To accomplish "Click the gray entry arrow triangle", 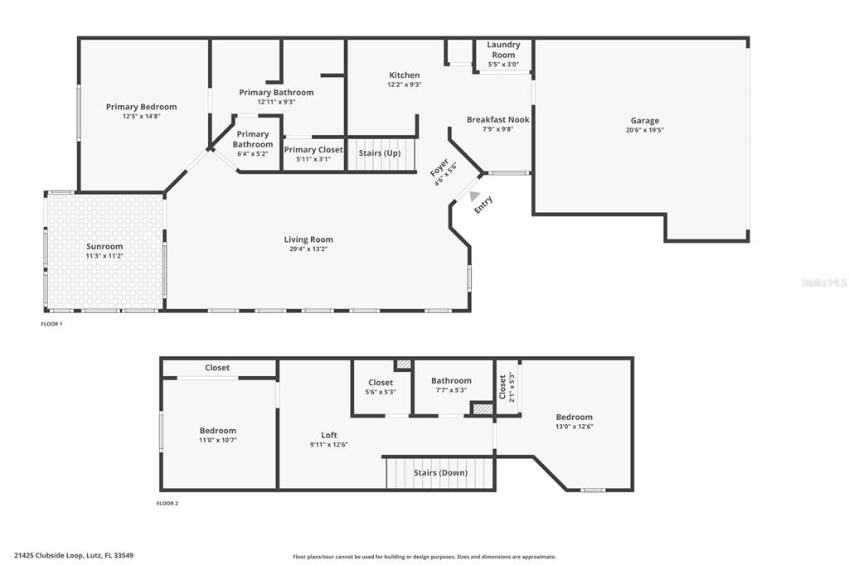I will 474,197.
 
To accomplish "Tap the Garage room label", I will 643,120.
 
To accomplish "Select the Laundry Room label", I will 503,50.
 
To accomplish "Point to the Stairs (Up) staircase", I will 380,153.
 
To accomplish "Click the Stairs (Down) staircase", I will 440,473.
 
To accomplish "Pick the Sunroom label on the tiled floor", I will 104,246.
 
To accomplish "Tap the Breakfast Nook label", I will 497,119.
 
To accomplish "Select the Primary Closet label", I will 313,150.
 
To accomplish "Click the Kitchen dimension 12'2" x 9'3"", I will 404,85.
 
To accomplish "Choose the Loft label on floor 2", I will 329,435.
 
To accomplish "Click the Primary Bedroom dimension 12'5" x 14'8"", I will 141,116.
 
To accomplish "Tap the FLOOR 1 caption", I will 51,324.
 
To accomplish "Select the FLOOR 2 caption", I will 167,503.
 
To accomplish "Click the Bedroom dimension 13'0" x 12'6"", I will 575,427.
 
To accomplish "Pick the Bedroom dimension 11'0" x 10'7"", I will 218,440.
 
